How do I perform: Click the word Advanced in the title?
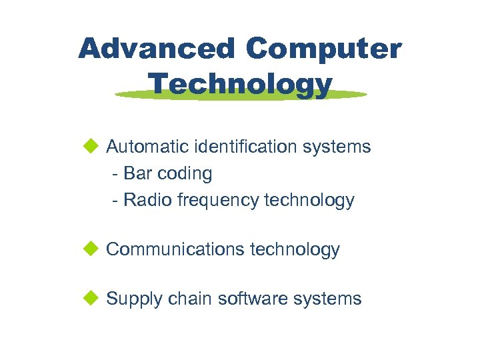pos(157,49)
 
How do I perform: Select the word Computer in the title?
pos(323,49)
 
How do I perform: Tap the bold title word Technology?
pos(240,85)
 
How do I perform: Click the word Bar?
pos(138,173)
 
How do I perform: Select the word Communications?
pos(175,249)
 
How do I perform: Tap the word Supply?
pos(134,299)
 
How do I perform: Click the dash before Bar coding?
pos(117,174)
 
